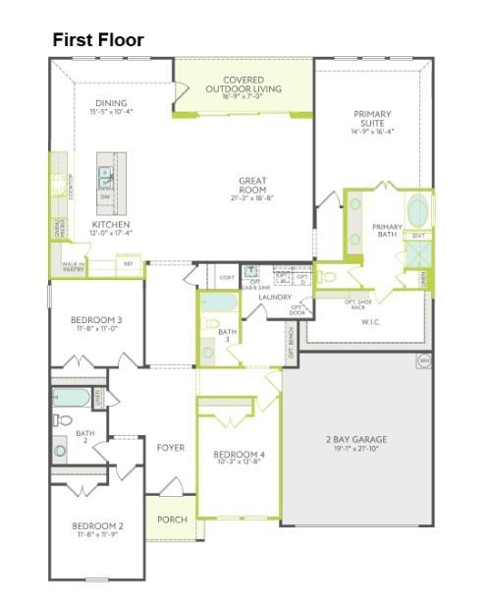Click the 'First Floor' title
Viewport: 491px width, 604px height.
tap(98, 40)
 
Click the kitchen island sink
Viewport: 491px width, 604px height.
tap(105, 176)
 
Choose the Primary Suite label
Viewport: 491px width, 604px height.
tap(372, 122)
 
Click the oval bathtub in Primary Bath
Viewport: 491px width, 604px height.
tap(418, 210)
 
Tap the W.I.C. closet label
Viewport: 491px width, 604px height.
tap(370, 321)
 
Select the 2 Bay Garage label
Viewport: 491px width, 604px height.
tap(356, 443)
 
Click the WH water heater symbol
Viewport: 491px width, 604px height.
tap(424, 360)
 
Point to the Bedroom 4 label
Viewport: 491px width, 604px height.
tap(240, 458)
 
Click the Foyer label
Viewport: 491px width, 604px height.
tap(170, 448)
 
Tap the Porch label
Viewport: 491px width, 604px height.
tap(172, 520)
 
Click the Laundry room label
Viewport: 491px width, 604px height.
tap(275, 297)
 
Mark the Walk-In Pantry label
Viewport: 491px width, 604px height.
tap(74, 266)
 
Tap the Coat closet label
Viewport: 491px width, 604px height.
tap(227, 278)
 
